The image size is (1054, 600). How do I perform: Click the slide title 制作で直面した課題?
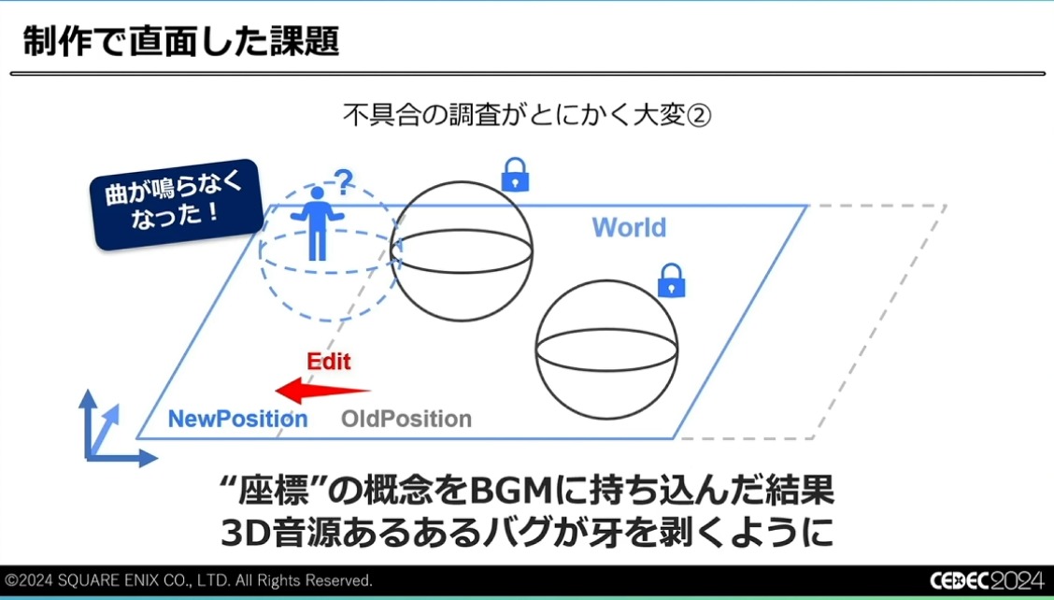(x=181, y=42)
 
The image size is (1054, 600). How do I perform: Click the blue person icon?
(x=317, y=222)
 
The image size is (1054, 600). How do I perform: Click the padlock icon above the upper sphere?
(x=515, y=175)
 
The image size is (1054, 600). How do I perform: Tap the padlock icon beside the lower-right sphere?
(x=671, y=280)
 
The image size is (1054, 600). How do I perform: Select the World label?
(x=629, y=227)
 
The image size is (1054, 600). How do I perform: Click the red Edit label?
(x=329, y=361)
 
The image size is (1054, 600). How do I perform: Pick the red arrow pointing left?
(x=322, y=390)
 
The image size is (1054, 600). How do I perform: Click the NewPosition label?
(x=238, y=419)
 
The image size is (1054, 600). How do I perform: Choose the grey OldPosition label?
(x=406, y=419)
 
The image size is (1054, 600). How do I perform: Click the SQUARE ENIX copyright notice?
(x=188, y=579)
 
